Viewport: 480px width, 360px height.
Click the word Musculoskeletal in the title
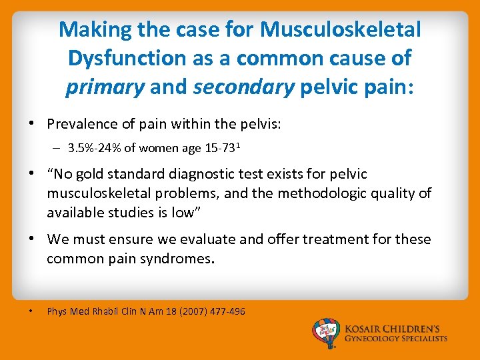tap(341, 29)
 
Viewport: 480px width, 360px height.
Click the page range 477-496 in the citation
tap(229, 311)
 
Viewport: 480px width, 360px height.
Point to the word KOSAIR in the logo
tap(365, 329)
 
